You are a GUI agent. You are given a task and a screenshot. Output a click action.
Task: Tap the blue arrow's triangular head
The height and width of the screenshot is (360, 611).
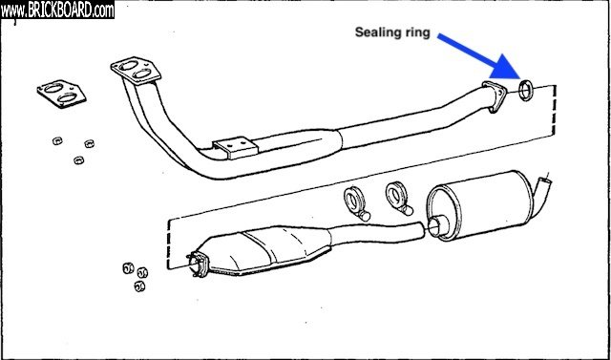[508, 67]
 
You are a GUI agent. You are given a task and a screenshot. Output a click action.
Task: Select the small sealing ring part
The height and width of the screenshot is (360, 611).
[526, 90]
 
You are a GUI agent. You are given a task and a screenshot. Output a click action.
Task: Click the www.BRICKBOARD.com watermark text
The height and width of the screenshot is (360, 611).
[57, 11]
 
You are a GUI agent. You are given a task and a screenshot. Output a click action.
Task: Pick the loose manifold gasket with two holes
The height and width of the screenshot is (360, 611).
[61, 94]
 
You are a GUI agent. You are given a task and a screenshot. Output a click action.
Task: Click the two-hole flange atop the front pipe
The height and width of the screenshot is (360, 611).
[136, 70]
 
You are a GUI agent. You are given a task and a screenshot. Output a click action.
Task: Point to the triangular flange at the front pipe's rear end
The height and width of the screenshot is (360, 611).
[494, 96]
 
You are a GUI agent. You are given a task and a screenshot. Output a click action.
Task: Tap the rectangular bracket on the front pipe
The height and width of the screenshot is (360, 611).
[236, 147]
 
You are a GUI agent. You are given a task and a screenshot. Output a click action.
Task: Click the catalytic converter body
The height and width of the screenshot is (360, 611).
[265, 249]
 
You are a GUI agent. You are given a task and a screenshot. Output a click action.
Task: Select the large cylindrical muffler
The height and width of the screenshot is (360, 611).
[480, 205]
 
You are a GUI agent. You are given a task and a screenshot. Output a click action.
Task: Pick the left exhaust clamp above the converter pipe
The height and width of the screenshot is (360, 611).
[356, 203]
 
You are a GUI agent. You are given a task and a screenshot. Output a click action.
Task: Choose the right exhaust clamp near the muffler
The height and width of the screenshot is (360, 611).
[399, 198]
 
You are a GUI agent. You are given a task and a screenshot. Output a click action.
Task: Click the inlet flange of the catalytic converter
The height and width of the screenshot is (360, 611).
[198, 265]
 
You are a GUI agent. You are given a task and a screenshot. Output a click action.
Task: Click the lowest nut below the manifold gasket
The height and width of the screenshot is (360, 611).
[79, 160]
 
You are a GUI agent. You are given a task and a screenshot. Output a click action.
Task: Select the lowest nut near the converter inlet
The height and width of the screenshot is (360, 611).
[139, 286]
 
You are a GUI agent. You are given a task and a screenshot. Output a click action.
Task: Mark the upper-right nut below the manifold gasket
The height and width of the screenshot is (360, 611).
[89, 143]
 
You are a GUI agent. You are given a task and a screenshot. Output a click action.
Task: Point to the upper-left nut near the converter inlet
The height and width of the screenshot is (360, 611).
[128, 268]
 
